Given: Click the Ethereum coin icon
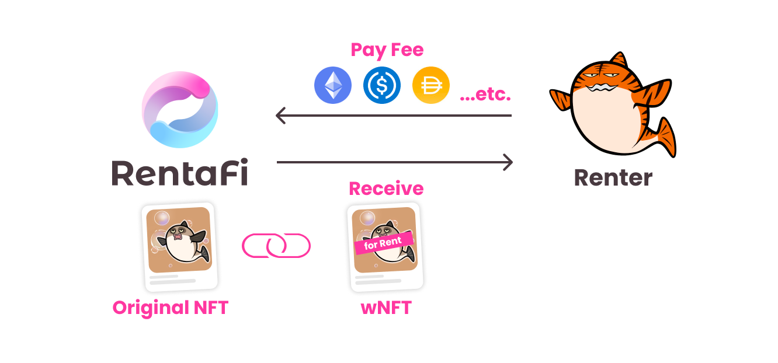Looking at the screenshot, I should click(333, 85).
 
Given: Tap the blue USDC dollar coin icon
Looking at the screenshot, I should click(382, 85).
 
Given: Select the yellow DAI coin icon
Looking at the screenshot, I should click(431, 85).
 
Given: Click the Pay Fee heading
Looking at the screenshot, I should click(387, 50).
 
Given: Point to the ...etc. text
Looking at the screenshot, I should click(485, 95).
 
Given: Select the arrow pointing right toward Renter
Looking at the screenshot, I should click(394, 162).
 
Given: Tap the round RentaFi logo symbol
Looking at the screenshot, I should click(180, 110).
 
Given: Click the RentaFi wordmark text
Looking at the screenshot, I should click(180, 173).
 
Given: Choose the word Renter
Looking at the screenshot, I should click(613, 177).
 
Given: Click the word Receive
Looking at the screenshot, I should click(386, 189).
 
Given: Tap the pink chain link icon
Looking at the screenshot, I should click(276, 246).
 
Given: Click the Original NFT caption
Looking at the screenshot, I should click(170, 308).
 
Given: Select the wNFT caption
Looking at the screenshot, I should click(386, 308).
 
